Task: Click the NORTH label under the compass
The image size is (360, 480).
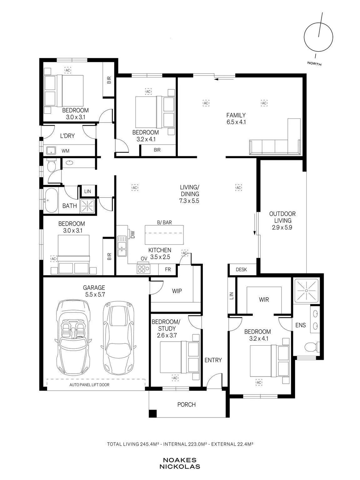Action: (314, 64)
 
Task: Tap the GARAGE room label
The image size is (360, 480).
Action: (94, 287)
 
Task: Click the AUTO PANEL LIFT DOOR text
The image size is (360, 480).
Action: (89, 385)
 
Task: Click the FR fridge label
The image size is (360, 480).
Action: (168, 269)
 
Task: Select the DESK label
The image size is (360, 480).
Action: (241, 269)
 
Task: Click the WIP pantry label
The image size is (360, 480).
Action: (177, 291)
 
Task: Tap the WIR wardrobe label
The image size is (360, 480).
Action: (264, 299)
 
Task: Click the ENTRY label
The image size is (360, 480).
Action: (213, 360)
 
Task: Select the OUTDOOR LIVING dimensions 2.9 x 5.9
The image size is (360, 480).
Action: (282, 227)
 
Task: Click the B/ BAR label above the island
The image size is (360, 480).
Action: (164, 222)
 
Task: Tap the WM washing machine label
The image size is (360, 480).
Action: (65, 151)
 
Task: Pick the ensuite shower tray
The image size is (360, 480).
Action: (306, 290)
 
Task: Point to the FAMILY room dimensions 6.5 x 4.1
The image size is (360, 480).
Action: (236, 122)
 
